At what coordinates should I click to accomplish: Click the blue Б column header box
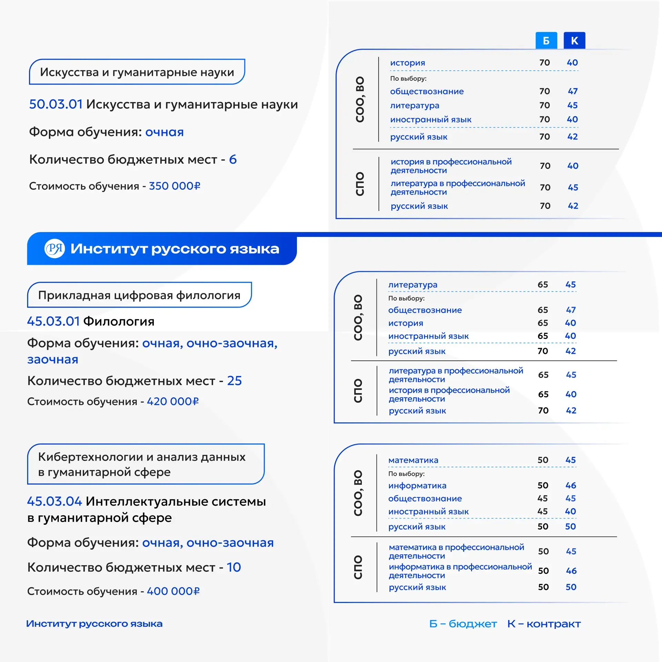(546, 41)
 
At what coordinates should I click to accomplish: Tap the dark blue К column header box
(574, 41)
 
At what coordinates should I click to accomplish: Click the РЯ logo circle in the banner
(54, 248)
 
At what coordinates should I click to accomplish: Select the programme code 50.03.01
(56, 104)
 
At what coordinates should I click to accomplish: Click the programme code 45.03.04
(54, 501)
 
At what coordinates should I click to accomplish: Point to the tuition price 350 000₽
(174, 186)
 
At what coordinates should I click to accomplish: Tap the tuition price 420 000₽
(173, 402)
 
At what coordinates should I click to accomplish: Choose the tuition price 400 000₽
(173, 591)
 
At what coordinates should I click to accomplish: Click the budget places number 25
(234, 381)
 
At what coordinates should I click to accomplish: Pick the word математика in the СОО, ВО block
(413, 460)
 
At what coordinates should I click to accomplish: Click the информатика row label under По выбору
(417, 486)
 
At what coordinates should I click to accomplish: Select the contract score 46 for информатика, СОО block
(571, 485)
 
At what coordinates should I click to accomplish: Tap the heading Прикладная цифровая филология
(139, 295)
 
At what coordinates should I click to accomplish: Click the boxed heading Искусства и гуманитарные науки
(137, 72)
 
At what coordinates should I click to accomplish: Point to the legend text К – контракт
(544, 624)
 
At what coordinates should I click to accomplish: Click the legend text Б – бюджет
(463, 624)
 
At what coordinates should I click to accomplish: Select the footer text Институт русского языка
(94, 624)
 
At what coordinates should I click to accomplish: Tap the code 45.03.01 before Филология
(53, 321)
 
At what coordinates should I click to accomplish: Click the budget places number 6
(233, 159)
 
